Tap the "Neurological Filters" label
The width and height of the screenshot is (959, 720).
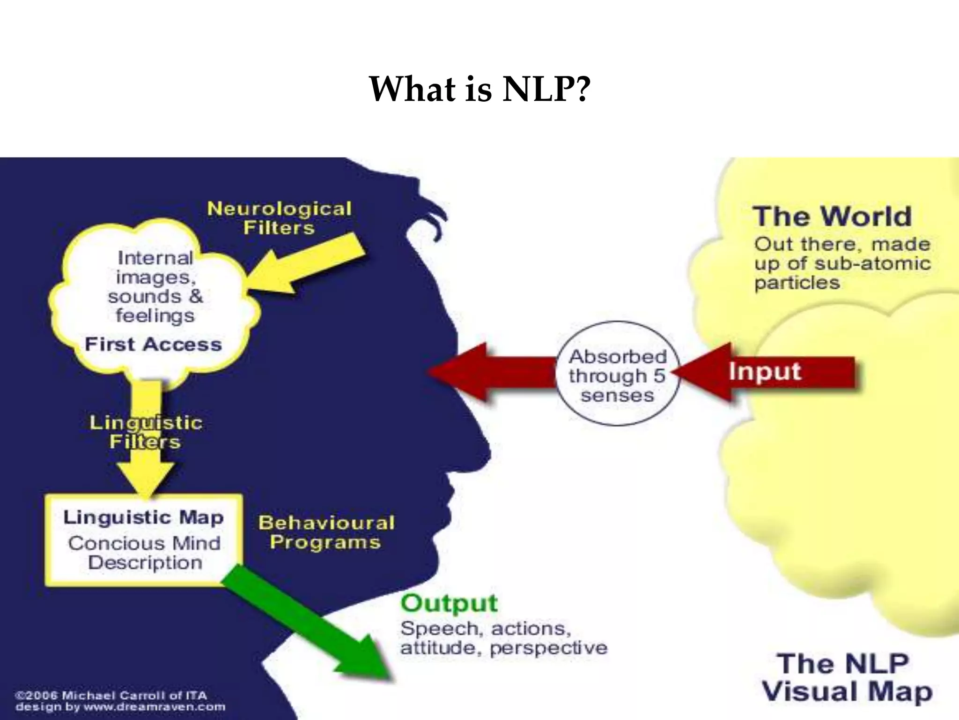(x=279, y=218)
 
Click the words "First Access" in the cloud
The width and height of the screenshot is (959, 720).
(x=153, y=345)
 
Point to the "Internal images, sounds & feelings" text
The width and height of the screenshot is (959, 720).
(x=155, y=287)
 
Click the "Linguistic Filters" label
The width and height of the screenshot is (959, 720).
(x=146, y=432)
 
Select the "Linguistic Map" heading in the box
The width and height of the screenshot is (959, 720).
(x=143, y=517)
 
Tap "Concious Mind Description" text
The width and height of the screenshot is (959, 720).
(x=144, y=553)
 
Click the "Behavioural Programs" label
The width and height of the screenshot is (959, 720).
(x=326, y=532)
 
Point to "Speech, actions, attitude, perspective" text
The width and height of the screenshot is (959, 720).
(x=503, y=638)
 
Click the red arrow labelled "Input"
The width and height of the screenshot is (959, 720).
(x=768, y=372)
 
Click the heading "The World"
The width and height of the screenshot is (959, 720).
(x=833, y=217)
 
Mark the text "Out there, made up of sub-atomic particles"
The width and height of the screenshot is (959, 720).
(x=842, y=263)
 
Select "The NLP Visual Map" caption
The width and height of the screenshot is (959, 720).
(x=847, y=678)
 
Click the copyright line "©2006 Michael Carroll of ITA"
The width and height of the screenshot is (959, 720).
(x=111, y=695)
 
